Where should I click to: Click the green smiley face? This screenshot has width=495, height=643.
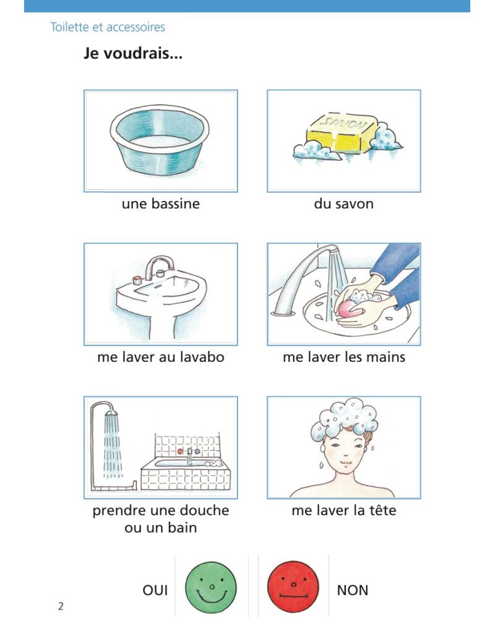click(x=211, y=587)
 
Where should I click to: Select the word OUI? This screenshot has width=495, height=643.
click(x=155, y=590)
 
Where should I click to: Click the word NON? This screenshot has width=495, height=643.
click(x=353, y=590)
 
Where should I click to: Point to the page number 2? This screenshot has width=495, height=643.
click(x=61, y=606)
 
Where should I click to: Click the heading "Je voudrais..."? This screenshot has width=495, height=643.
click(x=133, y=53)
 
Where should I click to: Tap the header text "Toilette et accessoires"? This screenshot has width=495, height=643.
click(x=108, y=27)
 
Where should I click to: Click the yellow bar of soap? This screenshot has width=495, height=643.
click(x=342, y=134)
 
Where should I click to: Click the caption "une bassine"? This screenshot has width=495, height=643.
click(x=160, y=204)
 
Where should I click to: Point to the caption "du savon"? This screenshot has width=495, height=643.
click(x=344, y=204)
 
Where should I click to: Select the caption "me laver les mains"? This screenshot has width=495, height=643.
click(x=344, y=357)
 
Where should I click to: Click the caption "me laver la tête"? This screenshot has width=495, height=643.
click(x=344, y=511)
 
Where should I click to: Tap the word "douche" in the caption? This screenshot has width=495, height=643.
click(x=204, y=511)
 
